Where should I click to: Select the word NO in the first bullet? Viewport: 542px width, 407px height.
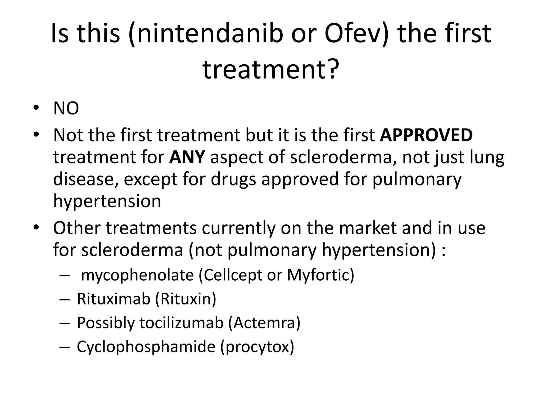tap(66, 109)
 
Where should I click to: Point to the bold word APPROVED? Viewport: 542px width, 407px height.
tap(426, 135)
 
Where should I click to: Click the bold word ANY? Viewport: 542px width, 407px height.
tap(187, 157)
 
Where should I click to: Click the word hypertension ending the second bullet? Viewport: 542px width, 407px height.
tap(107, 201)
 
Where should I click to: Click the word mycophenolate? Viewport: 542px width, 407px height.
tap(137, 275)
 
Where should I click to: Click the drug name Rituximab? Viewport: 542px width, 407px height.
tap(114, 299)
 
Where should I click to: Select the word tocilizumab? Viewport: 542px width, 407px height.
tap(182, 323)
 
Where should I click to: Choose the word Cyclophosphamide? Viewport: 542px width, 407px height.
tap(146, 347)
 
